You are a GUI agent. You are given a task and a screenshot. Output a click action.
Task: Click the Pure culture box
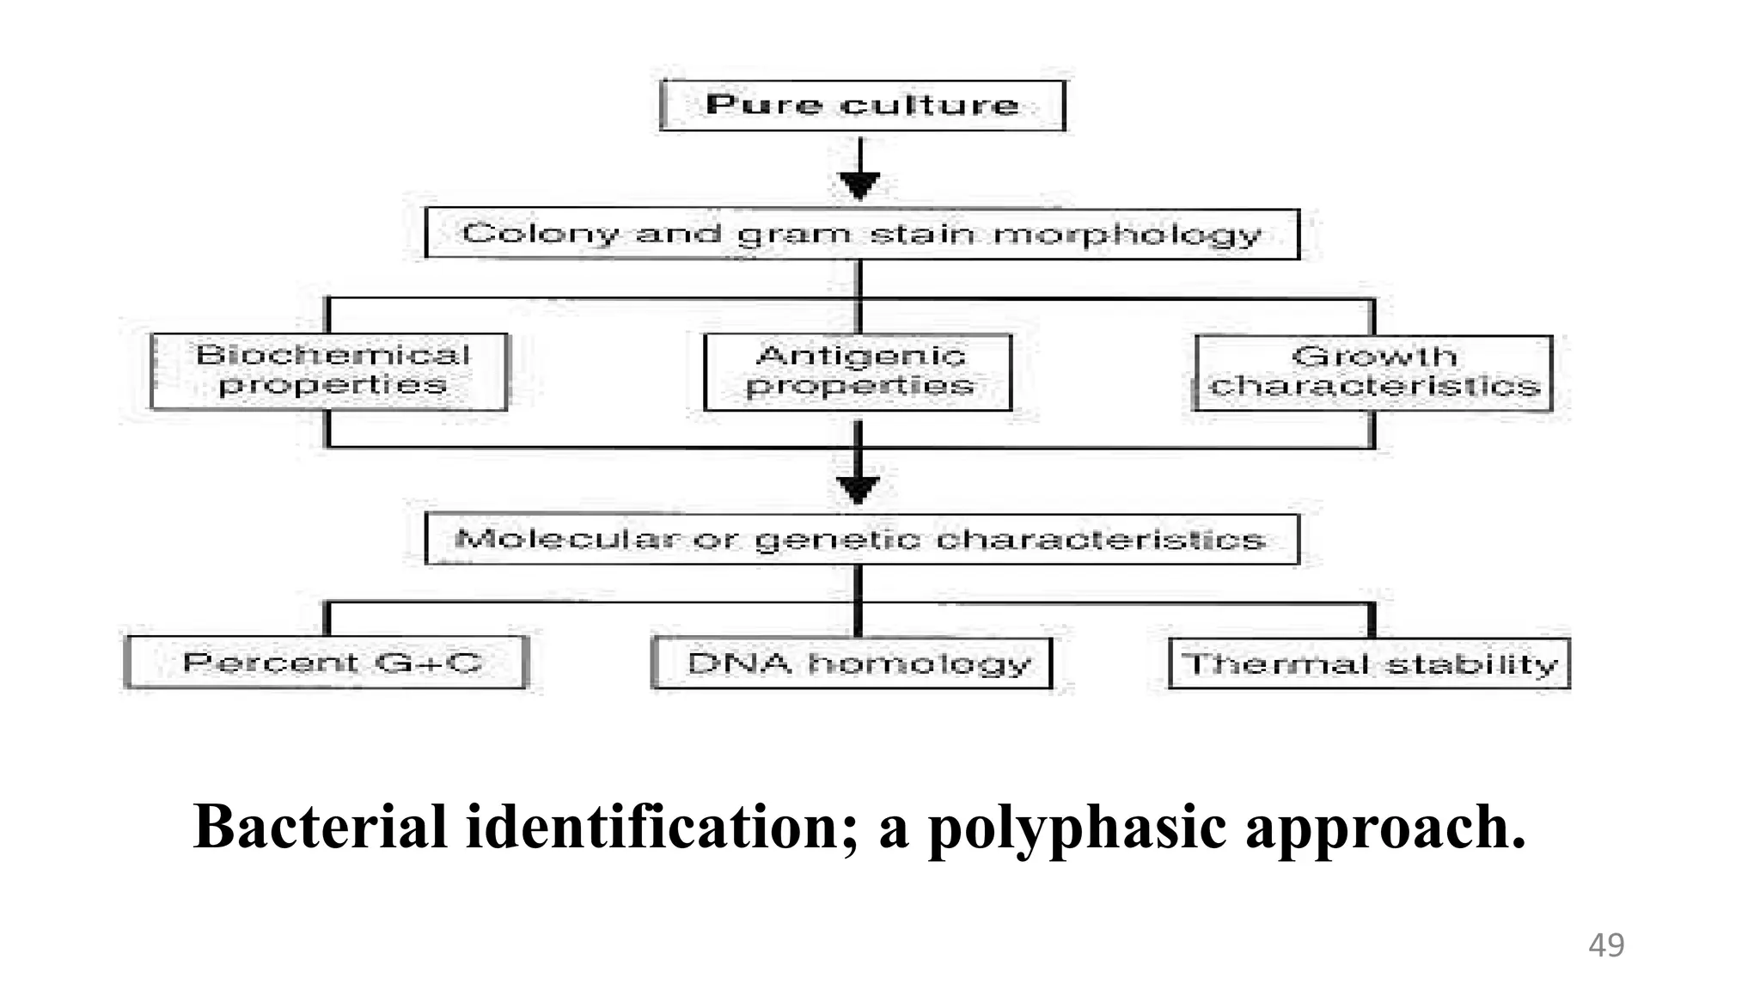point(862,105)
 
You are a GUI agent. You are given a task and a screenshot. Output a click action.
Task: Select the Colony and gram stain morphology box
point(862,233)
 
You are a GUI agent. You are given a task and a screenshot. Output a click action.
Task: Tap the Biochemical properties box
point(329,371)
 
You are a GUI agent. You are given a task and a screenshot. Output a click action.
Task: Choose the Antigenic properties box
point(858,372)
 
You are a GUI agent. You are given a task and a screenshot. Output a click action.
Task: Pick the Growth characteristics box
point(1373,372)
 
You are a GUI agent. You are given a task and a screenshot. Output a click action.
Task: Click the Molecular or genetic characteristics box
point(862,539)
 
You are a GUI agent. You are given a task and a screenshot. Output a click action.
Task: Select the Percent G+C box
point(327,663)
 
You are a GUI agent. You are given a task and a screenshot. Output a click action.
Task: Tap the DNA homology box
point(852,663)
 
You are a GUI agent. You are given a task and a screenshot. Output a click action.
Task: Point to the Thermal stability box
point(1369,663)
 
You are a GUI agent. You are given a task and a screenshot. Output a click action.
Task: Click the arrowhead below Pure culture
point(859,185)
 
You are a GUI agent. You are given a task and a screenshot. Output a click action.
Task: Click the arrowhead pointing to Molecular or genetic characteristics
point(858,489)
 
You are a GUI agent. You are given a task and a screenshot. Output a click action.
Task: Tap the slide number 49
point(1605,944)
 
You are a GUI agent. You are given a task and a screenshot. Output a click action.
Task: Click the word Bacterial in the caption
point(321,827)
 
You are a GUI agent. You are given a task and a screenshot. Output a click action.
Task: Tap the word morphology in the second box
point(1127,235)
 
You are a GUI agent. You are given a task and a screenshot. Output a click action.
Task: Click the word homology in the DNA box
point(920,663)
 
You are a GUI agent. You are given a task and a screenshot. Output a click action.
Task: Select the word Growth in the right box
point(1373,356)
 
